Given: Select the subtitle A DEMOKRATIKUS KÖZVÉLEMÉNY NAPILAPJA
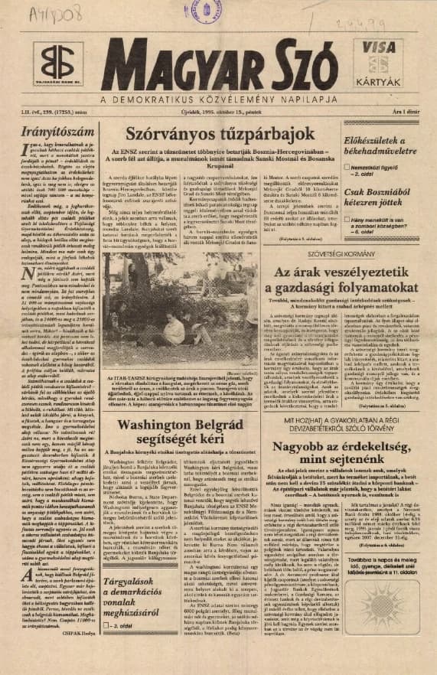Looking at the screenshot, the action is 220,99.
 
